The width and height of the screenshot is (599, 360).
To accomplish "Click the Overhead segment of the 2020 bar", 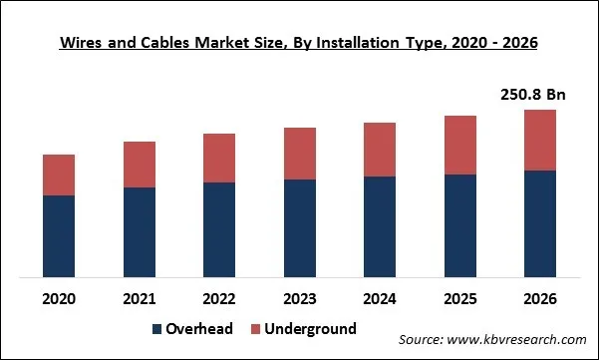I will [59, 235].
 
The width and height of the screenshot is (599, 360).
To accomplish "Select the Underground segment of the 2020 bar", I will [59, 175].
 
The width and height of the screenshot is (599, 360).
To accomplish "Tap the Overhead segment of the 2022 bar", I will [219, 228].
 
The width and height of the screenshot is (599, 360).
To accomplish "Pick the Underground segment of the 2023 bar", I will [299, 154].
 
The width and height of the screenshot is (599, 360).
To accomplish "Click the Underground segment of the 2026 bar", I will [539, 140].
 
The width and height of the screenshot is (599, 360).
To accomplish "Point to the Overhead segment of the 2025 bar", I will [459, 225].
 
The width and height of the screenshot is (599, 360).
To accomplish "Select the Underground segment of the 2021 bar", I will [139, 165].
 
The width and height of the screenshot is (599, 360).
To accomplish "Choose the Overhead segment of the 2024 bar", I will [380, 226].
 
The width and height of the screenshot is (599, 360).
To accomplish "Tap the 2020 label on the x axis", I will [59, 298].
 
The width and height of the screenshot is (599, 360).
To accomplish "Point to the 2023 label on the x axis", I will [299, 298].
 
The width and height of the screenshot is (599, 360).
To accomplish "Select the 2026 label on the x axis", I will [539, 298].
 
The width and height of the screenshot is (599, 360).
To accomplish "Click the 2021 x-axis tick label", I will [139, 298].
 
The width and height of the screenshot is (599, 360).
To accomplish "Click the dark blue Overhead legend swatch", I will [157, 329].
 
